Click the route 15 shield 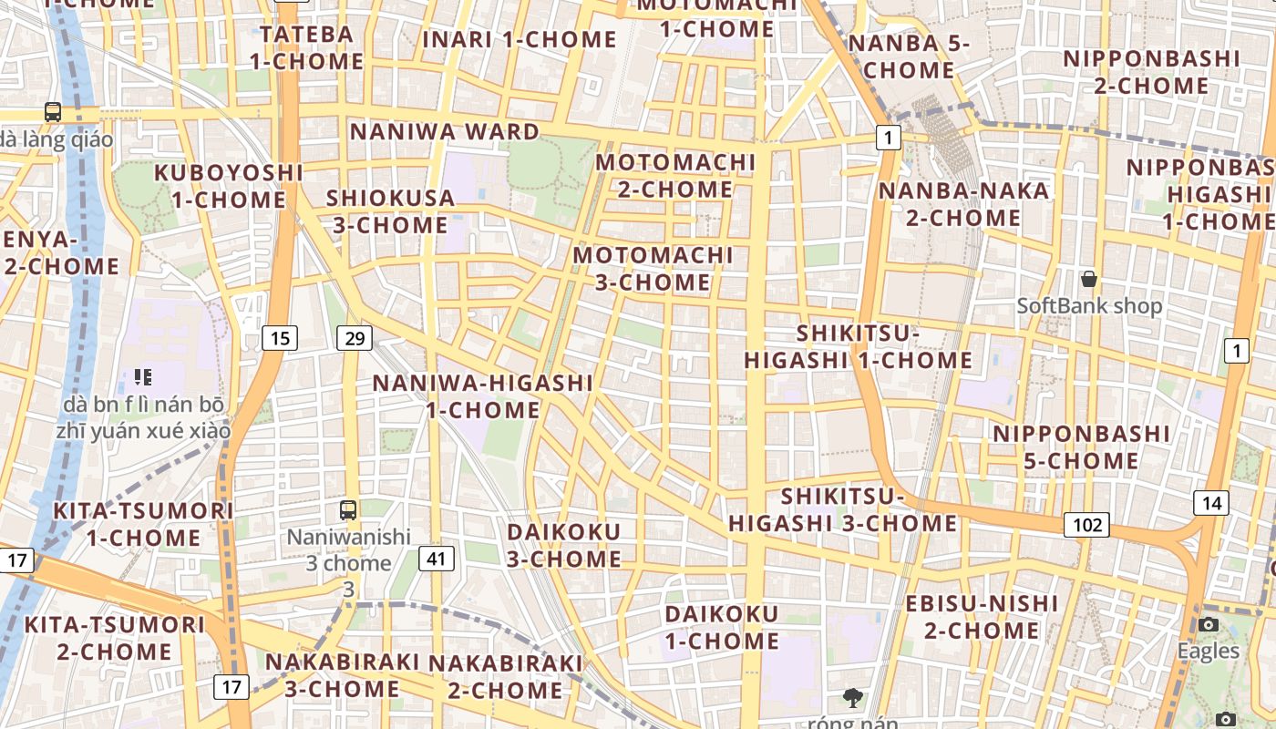pos(280,338)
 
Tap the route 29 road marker pos(355,338)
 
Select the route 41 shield pos(437,558)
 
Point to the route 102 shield pos(1086,525)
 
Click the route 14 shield pos(1211,503)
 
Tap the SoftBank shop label pos(1089,306)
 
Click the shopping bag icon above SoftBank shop pos(1088,279)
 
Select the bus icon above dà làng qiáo pos(53,112)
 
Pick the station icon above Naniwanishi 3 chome pos(348,510)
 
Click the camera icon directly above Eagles pos(1209,624)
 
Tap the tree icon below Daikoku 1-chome pos(853,699)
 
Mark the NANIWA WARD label pos(445,132)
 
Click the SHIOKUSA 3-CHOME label pos(390,211)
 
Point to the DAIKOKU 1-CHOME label pos(721,628)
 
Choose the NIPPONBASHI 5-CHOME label pos(1081,447)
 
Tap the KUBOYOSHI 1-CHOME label pos(228,186)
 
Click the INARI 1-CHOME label pos(520,39)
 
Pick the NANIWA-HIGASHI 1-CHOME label pos(483,396)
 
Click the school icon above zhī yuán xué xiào pos(142,376)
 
